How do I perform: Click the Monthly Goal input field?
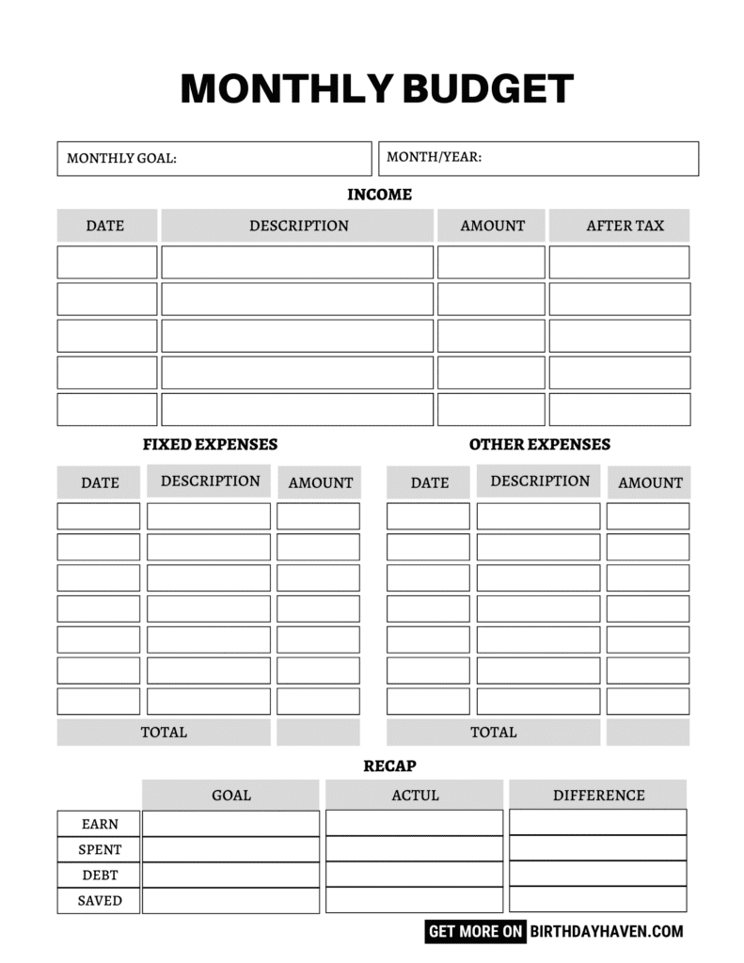[214, 158]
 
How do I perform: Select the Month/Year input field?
[538, 158]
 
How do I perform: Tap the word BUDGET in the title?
[488, 88]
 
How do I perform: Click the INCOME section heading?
[379, 195]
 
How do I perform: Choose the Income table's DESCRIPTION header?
[298, 226]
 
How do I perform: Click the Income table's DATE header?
[105, 226]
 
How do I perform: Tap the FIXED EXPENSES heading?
[210, 444]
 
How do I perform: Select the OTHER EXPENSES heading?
[539, 444]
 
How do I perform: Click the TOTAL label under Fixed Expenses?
[164, 732]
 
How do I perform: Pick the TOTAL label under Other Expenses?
[493, 732]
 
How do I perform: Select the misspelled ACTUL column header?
[415, 795]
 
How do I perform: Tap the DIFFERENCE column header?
[598, 795]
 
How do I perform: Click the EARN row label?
[100, 824]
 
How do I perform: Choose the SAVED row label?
[100, 900]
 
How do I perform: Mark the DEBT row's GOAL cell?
[230, 875]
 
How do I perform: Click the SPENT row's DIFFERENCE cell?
[597, 848]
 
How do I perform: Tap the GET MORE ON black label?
[476, 932]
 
